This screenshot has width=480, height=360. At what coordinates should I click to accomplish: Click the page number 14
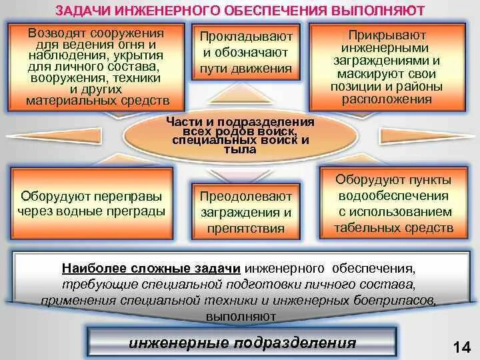(462, 347)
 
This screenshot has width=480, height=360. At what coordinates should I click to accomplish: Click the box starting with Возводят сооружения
(97, 67)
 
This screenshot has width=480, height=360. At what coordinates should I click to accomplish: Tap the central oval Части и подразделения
(240, 137)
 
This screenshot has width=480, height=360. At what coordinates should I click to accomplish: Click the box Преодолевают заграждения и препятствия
(246, 212)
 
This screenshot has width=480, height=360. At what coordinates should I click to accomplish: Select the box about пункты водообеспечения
(394, 204)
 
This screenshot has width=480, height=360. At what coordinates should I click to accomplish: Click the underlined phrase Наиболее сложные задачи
(151, 269)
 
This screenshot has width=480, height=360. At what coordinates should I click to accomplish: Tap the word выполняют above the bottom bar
(241, 315)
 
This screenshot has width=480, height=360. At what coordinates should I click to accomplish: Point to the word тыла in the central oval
(240, 151)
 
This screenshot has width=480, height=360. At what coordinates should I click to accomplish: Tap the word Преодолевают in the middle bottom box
(246, 197)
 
